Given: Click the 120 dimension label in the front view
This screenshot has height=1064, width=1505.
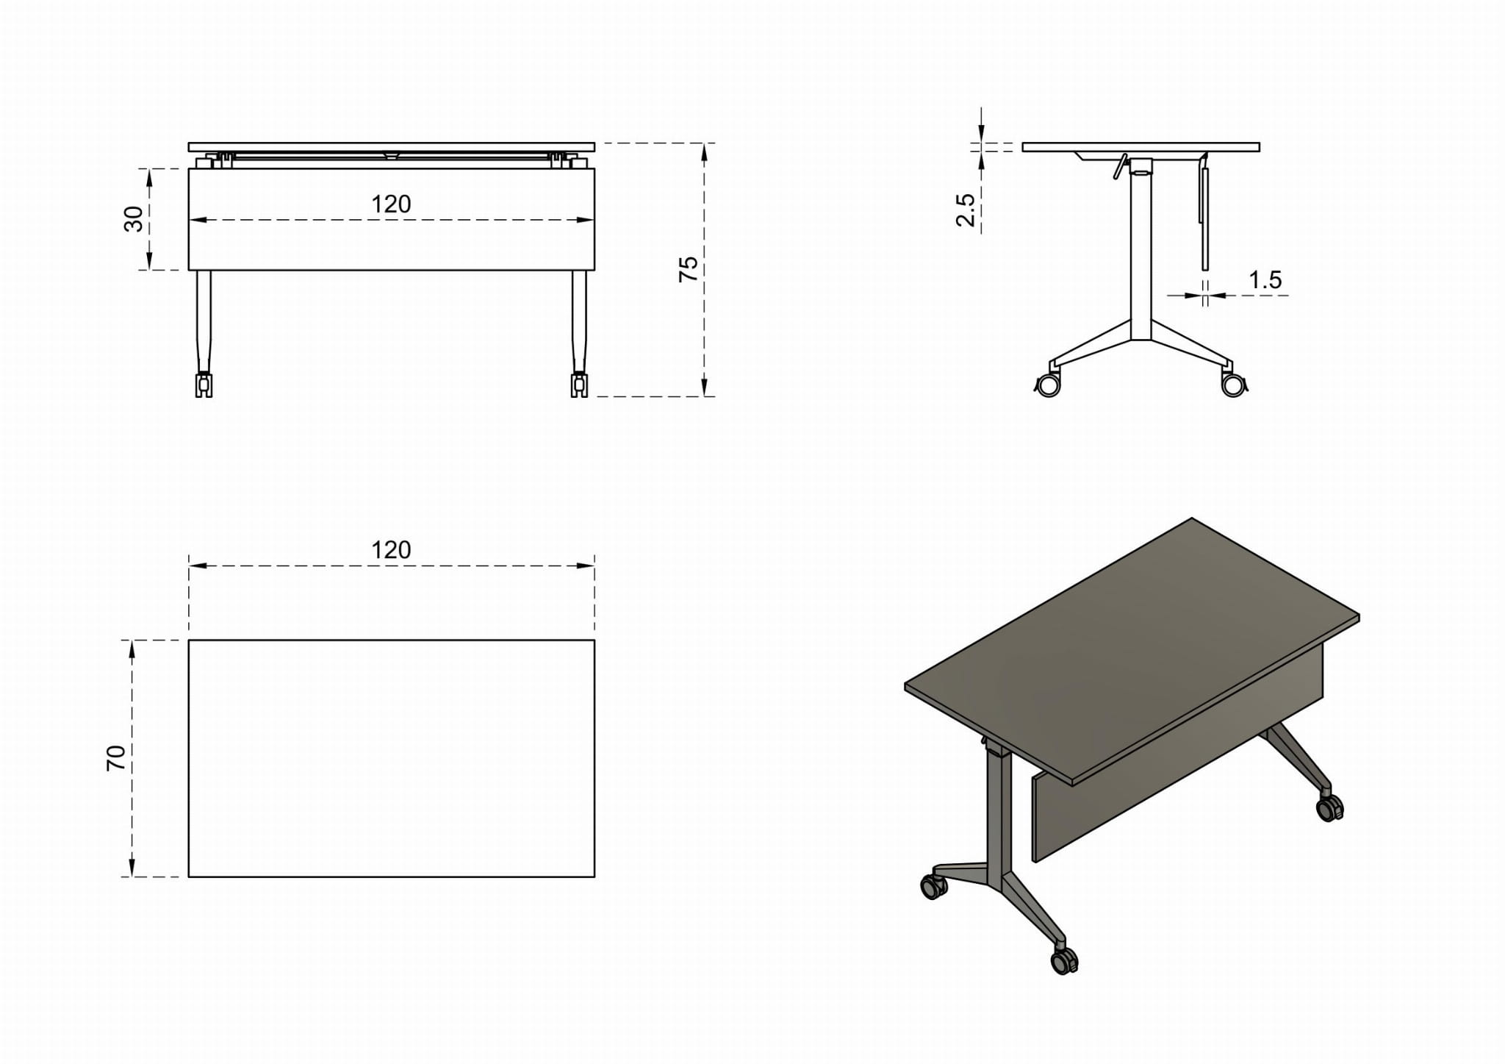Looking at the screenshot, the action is click(391, 204).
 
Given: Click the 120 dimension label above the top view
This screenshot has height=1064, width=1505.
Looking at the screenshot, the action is click(391, 550).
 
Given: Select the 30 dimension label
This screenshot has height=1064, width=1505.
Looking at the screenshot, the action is click(134, 219).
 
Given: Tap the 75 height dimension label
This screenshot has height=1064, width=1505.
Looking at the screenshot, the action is click(688, 269).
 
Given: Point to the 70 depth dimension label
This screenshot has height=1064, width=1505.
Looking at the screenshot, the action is click(116, 758).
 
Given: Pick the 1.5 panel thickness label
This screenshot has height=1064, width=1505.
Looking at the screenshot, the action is click(1265, 280).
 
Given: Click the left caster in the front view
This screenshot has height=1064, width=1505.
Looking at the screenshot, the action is click(204, 385).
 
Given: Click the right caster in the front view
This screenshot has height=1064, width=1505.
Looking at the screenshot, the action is click(579, 385).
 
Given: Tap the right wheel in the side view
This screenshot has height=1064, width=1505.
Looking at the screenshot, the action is click(1234, 385).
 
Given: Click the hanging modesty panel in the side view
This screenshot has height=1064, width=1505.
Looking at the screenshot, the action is click(1204, 218).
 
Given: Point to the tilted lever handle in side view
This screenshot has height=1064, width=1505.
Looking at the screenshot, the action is click(1119, 167).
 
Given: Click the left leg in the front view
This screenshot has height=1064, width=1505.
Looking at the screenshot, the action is click(204, 321).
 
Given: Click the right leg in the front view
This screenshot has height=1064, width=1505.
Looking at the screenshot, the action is click(579, 321).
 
